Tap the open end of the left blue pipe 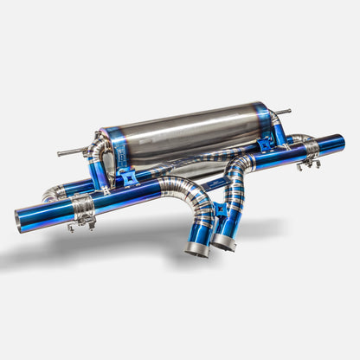(x=20, y=219)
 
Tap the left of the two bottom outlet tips (x=197, y=248)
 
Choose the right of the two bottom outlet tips (x=223, y=242)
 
